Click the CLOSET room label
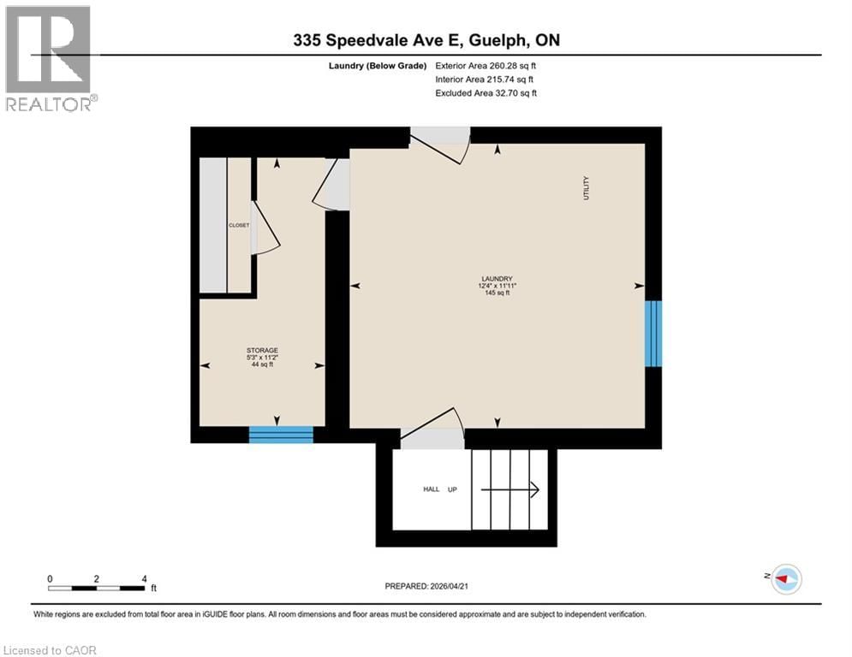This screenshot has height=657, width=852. click(239, 225)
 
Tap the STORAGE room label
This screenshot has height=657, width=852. click(262, 350)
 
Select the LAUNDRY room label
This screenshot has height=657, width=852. click(497, 278)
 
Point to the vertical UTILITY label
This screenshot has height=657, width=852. click(587, 187)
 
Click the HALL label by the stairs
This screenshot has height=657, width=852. click(432, 489)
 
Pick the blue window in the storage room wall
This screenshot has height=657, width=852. click(281, 434)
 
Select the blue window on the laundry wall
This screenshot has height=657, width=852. click(653, 334)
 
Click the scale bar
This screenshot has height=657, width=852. click(96, 588)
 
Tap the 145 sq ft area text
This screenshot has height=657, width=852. click(497, 293)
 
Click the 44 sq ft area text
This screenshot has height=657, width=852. click(262, 364)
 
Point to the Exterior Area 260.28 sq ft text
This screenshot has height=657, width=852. click(486, 65)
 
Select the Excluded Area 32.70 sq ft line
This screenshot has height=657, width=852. click(486, 93)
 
